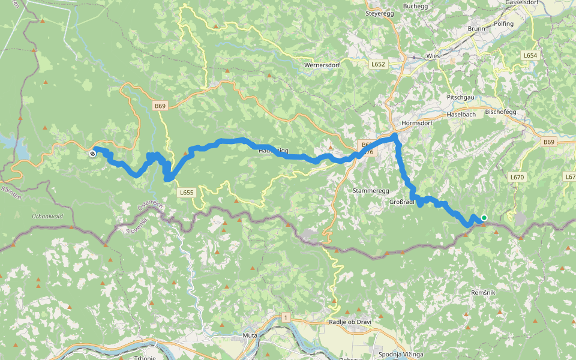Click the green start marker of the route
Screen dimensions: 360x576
point(484,218)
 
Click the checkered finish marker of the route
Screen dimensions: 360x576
point(92,154)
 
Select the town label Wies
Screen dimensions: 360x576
point(433,56)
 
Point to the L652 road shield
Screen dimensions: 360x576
point(378,64)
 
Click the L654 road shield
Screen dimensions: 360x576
point(529,55)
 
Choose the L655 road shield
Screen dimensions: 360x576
point(187,193)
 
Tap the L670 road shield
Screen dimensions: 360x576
point(517,177)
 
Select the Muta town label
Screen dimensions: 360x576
point(250,335)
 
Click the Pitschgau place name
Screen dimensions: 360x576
point(460,97)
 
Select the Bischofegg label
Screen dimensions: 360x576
point(504,112)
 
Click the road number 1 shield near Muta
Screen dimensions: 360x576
point(287,316)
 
